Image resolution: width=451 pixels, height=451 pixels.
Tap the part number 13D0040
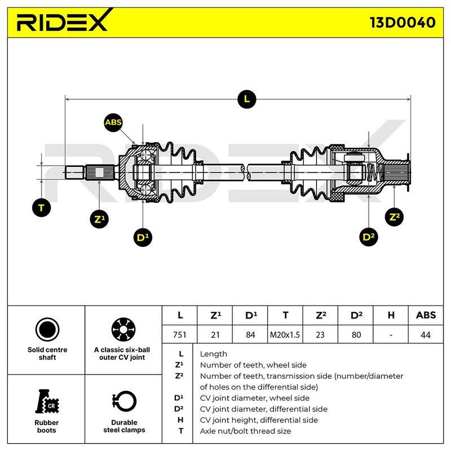click(403, 23)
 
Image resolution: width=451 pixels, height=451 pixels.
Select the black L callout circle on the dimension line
click(247, 99)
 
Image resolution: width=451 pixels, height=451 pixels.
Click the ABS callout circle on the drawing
click(113, 122)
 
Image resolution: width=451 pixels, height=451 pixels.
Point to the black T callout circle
click(41, 207)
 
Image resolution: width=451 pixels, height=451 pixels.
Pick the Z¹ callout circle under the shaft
click(99, 219)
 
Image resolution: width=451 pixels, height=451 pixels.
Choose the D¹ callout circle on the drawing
click(143, 237)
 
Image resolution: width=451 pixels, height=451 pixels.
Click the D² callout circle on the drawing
click(369, 237)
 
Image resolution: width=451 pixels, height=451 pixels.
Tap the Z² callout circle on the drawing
click(394, 217)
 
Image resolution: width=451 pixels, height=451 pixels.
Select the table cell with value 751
click(180, 334)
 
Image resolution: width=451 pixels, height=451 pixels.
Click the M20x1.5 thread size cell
click(285, 334)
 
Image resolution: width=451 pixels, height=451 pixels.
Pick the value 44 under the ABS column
click(426, 334)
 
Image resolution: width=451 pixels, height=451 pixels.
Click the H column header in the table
click(391, 316)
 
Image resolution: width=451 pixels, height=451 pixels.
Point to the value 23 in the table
click(320, 334)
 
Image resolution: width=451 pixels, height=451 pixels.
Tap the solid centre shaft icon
click(47, 330)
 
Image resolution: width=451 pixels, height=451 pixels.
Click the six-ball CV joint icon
click(123, 330)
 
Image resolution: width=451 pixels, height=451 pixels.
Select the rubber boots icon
click(47, 401)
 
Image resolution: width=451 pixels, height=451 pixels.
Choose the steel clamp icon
click(124, 401)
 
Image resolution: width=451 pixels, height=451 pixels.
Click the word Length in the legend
click(214, 354)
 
